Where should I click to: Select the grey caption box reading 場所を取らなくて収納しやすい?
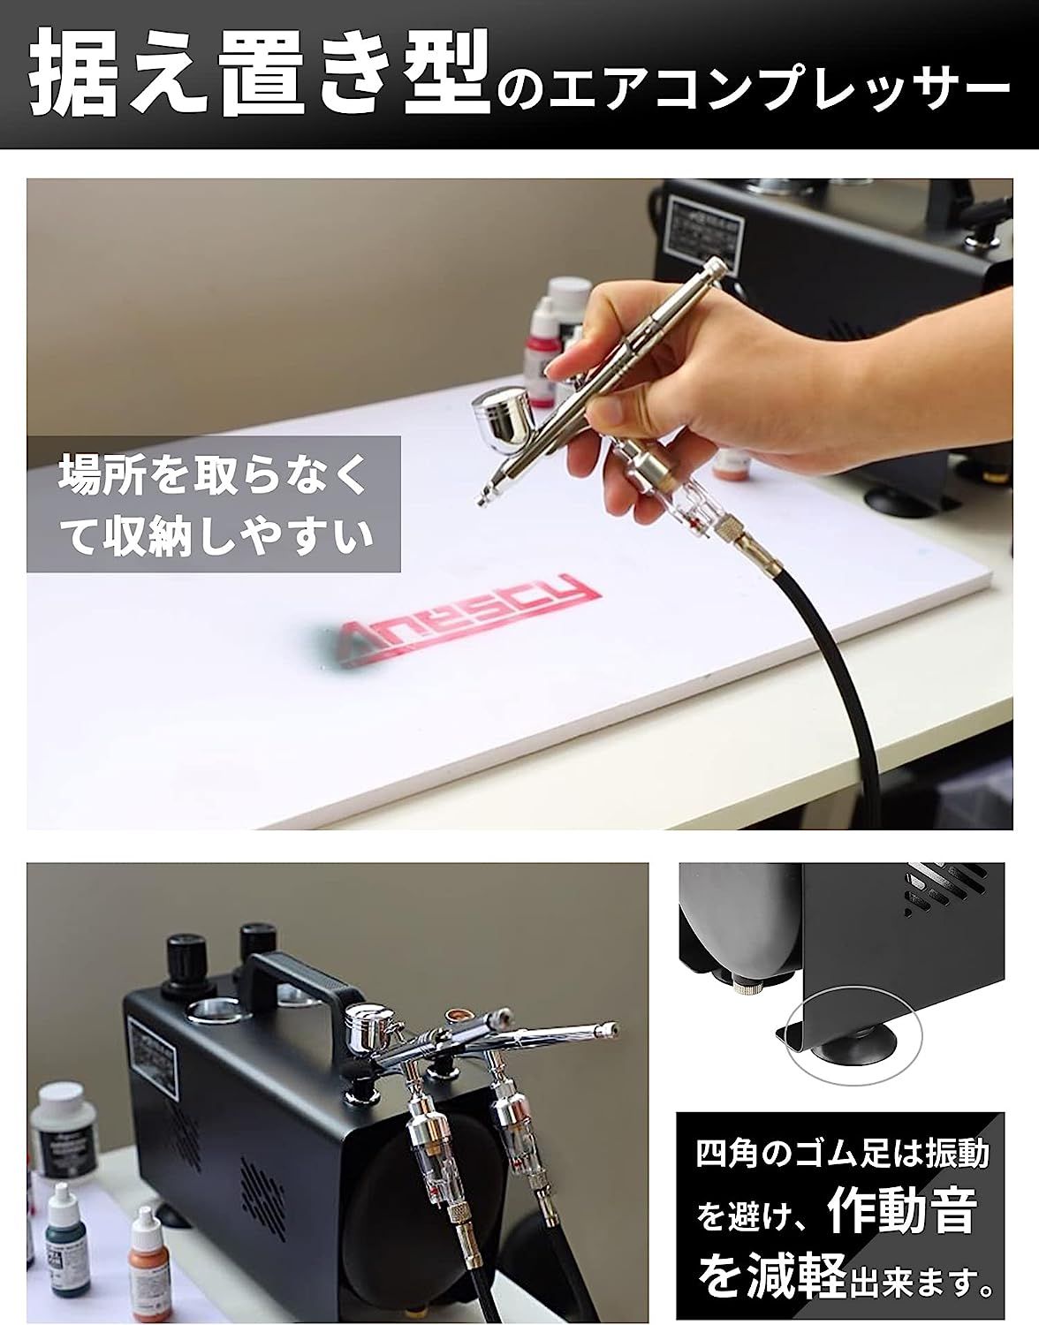[x=214, y=503]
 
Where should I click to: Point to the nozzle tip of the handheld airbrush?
[x=482, y=499]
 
